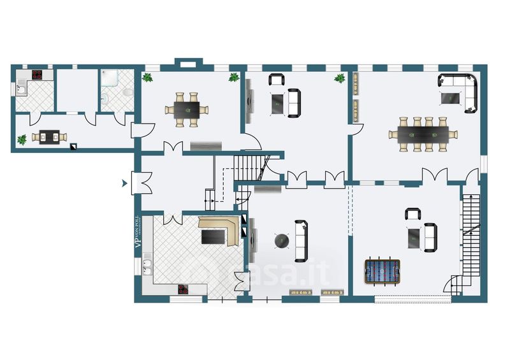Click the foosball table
pos(381,271)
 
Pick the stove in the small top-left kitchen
pos(37,75)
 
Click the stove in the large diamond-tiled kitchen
pos(184,289)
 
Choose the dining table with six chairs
pos(187,108)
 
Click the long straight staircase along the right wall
pos(470,236)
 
